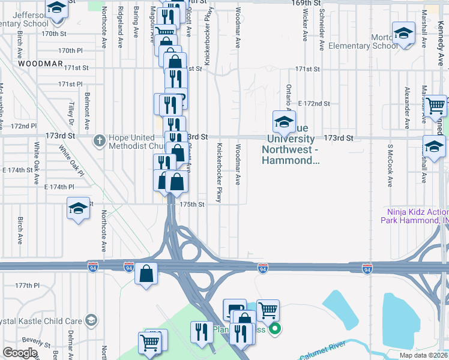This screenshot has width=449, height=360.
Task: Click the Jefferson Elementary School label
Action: pyautogui.click(x=24, y=19)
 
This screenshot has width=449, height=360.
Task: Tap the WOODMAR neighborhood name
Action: pyautogui.click(x=40, y=62)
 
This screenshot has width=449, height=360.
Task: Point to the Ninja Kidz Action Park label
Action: pyautogui.click(x=414, y=215)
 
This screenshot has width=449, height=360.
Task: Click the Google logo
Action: pyautogui.click(x=20, y=353)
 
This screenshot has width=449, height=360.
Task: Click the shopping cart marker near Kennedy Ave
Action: pyautogui.click(x=437, y=106)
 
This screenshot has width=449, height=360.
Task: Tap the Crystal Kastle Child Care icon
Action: pyautogui.click(x=91, y=319)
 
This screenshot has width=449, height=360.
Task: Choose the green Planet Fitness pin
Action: pyautogui.click(x=275, y=328)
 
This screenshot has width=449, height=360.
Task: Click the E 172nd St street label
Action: pyautogui.click(x=313, y=104)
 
